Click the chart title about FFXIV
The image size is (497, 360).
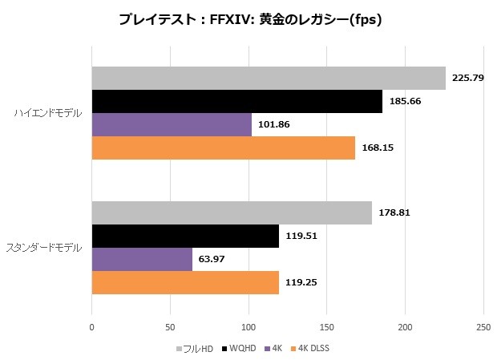tap(248, 20)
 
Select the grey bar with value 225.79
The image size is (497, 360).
tap(269, 79)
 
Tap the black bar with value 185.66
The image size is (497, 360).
tap(236, 102)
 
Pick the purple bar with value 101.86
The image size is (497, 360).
tap(172, 125)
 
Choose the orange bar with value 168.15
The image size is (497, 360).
tap(224, 148)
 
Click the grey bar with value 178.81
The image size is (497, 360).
tap(232, 213)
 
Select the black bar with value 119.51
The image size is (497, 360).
tap(185, 237)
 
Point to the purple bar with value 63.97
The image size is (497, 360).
tap(142, 260)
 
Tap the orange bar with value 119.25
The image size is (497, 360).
tap(185, 283)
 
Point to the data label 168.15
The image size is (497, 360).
tap(377, 148)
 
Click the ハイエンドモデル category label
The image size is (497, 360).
tap(47, 114)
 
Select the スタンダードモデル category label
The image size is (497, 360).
tap(43, 249)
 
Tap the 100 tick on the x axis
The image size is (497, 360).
tap(248, 327)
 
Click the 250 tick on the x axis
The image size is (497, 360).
tap(483, 327)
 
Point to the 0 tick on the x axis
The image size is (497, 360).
tap(92, 327)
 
